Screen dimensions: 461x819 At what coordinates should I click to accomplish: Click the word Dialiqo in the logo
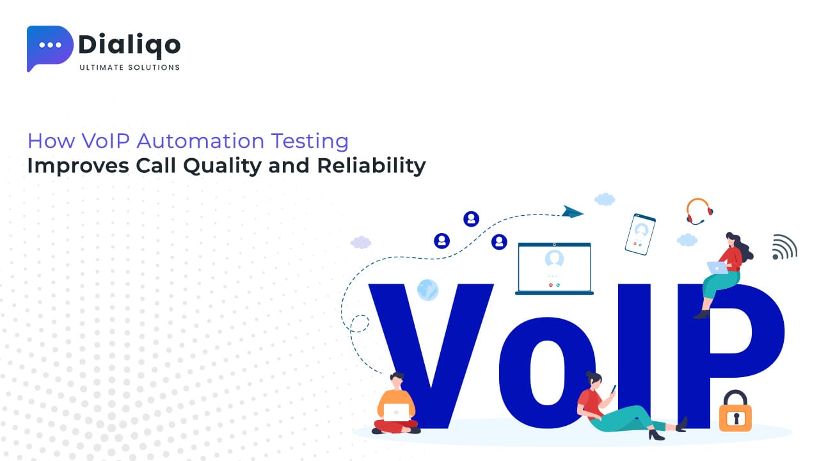point(129,44)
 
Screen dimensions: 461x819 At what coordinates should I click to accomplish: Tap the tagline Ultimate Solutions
point(129,67)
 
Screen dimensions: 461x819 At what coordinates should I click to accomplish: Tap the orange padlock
point(735,413)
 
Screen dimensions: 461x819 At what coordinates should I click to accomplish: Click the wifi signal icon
point(784,247)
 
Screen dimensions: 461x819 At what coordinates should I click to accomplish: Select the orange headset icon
point(699,211)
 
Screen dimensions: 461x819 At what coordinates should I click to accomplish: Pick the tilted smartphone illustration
point(640,234)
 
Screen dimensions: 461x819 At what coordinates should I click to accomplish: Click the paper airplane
point(573,211)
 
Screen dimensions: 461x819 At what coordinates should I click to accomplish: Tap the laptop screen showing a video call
point(554,267)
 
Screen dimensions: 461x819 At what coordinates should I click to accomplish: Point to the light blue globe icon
point(427,289)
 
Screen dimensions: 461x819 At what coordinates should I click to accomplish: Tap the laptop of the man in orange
point(397,412)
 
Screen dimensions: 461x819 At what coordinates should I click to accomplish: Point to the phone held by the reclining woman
point(613,389)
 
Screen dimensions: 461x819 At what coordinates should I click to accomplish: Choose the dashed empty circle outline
point(359,323)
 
